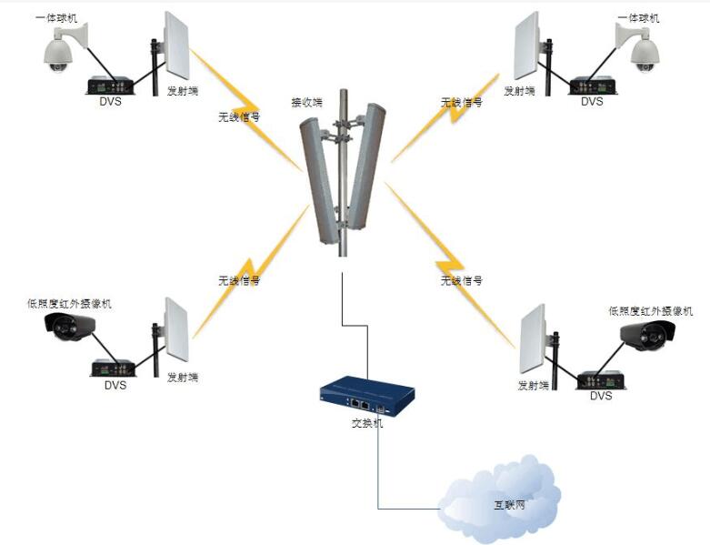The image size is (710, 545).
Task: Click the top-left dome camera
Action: (x=61, y=51)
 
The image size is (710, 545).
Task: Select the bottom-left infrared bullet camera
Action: (x=70, y=327)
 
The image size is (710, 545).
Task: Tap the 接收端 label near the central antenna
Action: (x=306, y=103)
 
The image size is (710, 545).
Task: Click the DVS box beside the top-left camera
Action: (x=110, y=86)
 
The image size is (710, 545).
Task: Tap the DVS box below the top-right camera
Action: (x=593, y=86)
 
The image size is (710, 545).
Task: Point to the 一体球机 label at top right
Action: (x=638, y=18)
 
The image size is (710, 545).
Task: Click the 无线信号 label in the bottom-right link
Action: (x=461, y=280)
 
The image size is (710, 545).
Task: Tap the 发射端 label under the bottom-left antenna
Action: (x=182, y=378)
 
